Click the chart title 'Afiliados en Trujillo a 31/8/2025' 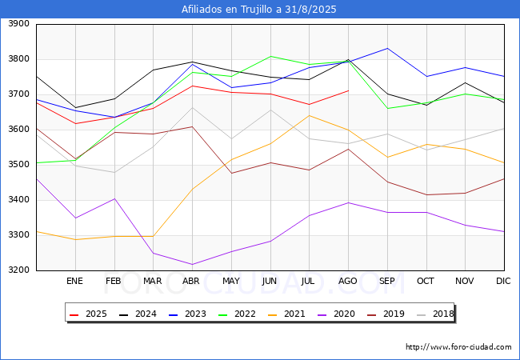(x=258, y=10)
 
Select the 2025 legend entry (x=88, y=314)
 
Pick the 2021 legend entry (x=286, y=314)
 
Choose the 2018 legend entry (x=435, y=314)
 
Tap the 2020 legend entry (x=336, y=314)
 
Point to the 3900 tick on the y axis (x=18, y=24)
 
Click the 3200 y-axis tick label (x=18, y=270)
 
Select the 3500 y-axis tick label (x=18, y=165)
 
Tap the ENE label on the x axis (x=74, y=281)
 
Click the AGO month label (x=347, y=281)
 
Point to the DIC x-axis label (x=503, y=281)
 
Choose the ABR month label (x=191, y=281)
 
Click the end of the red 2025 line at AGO (x=348, y=90)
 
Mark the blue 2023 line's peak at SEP (x=387, y=48)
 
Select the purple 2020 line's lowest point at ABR (x=192, y=265)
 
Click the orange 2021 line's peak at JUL (x=310, y=115)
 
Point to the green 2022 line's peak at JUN (x=270, y=56)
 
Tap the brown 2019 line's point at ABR (x=192, y=126)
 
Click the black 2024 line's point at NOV (x=466, y=82)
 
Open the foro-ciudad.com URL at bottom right (x=458, y=347)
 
